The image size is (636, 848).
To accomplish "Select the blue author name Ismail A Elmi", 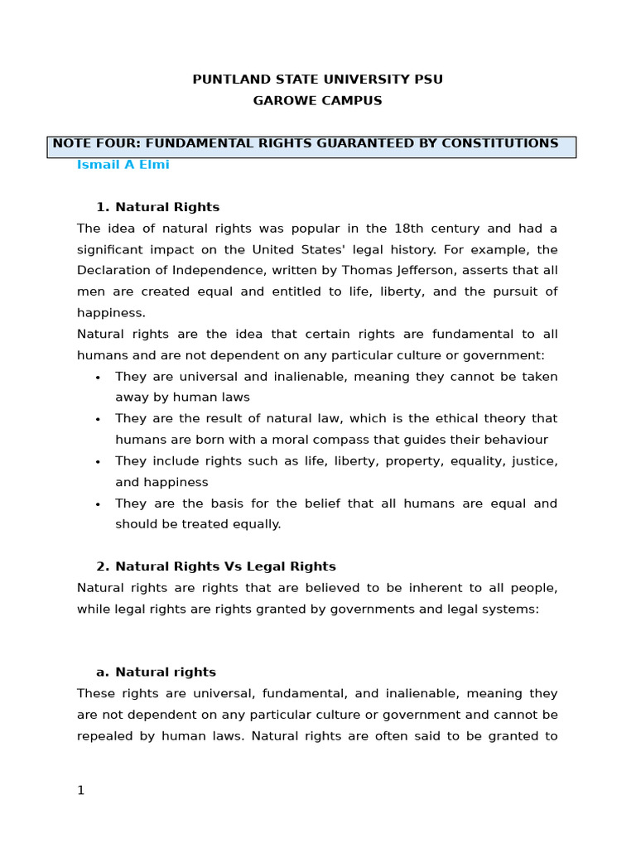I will point(123,165).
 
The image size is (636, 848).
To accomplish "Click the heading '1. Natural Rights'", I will point(157,207).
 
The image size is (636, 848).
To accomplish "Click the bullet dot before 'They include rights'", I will point(98,462).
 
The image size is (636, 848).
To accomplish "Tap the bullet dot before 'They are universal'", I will point(98,378).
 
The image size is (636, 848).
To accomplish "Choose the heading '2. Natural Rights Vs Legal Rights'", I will point(215,566).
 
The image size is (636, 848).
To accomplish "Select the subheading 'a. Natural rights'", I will point(156,672).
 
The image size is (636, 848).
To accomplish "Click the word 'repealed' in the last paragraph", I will point(104,736).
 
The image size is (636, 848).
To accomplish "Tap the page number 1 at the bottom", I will point(80,791).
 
